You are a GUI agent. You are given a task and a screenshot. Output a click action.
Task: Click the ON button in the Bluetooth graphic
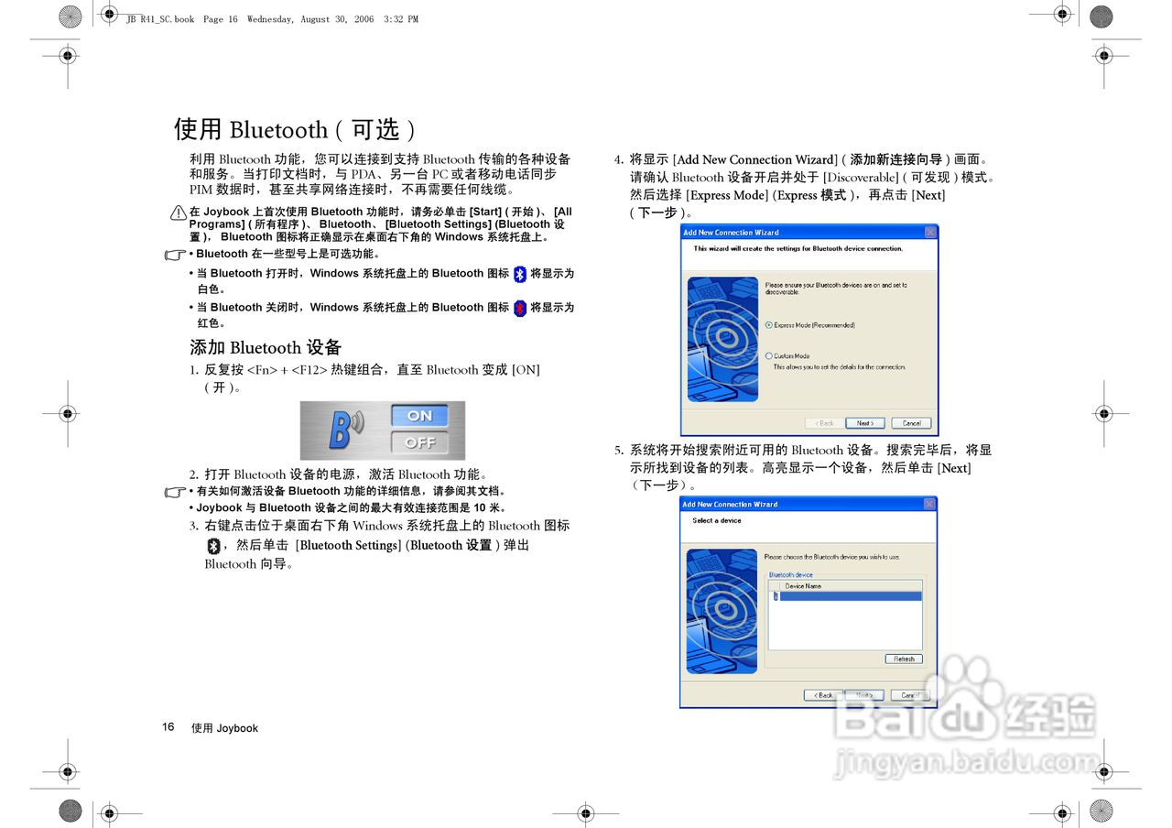(x=419, y=416)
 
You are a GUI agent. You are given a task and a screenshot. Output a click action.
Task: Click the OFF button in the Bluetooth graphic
(x=419, y=442)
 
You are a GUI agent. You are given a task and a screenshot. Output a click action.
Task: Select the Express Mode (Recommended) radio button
(x=769, y=325)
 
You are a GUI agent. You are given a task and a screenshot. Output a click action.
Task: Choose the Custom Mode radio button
(x=769, y=356)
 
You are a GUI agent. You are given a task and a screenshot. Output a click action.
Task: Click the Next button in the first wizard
(x=864, y=423)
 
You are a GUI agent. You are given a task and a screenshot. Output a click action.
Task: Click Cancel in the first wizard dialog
(x=911, y=423)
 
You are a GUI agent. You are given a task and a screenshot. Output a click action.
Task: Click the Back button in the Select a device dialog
(x=823, y=695)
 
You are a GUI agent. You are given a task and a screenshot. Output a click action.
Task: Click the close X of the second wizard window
(x=929, y=505)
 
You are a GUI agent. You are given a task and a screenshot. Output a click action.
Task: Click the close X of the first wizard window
(x=930, y=233)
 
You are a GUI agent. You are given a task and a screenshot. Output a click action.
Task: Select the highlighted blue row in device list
(x=847, y=596)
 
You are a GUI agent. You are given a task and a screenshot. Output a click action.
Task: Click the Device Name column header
(x=803, y=586)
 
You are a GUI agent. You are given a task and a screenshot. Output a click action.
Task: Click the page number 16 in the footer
(x=168, y=727)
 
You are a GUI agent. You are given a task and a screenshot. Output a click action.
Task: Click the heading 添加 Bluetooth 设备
(x=266, y=347)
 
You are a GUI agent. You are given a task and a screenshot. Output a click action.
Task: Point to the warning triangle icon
(x=179, y=212)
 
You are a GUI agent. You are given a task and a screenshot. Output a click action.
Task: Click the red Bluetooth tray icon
(x=520, y=309)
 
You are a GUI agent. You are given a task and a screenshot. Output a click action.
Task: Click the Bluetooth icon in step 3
(x=213, y=546)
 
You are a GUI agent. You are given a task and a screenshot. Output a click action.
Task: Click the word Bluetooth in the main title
(x=278, y=130)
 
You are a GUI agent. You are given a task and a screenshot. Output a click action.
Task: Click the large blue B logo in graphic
(x=342, y=430)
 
